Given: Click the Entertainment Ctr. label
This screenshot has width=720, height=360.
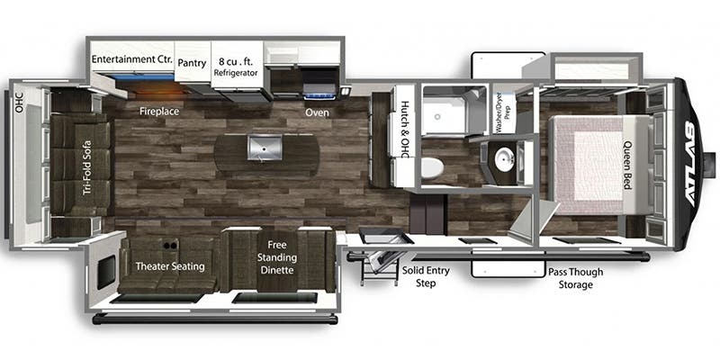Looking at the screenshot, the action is (131, 59).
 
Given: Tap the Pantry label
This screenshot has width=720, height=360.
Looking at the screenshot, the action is (192, 63).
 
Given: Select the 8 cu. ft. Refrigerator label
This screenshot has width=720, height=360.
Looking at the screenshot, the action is (236, 67).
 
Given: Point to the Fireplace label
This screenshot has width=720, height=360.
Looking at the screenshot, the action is (159, 112).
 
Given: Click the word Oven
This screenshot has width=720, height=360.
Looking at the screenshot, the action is (318, 112).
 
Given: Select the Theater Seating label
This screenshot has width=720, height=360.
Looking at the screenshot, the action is (170, 266).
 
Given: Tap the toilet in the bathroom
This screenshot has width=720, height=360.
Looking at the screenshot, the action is (431, 167).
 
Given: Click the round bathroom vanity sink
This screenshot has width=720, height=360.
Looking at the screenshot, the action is (506, 160).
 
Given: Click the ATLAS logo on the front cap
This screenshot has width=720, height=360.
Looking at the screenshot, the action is (693, 165).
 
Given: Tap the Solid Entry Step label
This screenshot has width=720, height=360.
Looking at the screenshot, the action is (426, 276).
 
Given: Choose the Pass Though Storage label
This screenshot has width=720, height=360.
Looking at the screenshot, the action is (575, 278).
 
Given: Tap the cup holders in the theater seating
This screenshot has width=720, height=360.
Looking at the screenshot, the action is (169, 246).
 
